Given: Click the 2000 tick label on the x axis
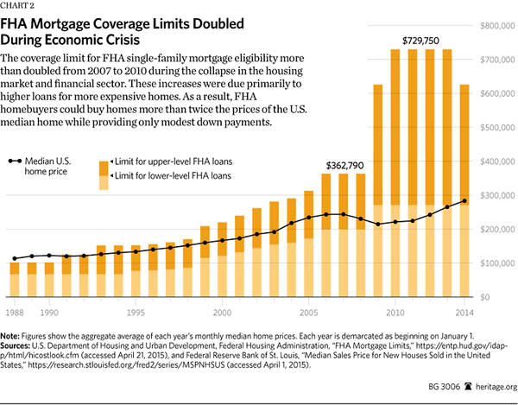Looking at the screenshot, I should pos(222,311).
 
